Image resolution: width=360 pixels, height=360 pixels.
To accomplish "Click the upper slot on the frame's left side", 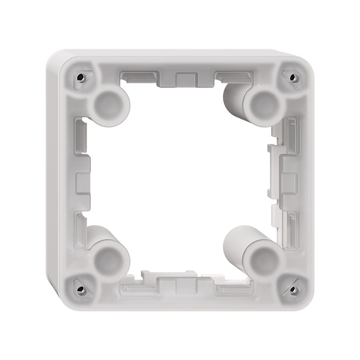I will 81,134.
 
